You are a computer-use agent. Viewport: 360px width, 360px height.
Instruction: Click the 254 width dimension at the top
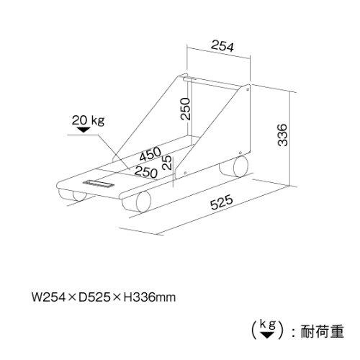pyautogui.click(x=222, y=46)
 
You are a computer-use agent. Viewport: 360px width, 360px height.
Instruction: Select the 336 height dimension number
pyautogui.click(x=282, y=135)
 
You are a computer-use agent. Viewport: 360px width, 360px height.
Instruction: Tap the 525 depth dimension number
pyautogui.click(x=222, y=202)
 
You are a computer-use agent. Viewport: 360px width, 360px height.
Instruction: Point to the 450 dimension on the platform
pyautogui.click(x=150, y=153)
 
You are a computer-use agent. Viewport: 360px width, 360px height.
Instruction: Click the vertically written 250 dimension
pyautogui.click(x=186, y=109)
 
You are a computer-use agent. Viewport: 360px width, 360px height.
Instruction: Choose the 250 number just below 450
pyautogui.click(x=146, y=171)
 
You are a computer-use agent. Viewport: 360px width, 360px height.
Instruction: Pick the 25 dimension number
pyautogui.click(x=167, y=163)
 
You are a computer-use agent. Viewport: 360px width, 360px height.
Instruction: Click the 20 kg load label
pyautogui.click(x=89, y=120)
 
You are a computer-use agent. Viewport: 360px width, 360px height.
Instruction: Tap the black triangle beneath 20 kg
pyautogui.click(x=84, y=130)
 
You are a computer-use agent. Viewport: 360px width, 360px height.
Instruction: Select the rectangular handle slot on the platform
pyautogui.click(x=99, y=184)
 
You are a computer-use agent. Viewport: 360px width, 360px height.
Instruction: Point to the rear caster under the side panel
pyautogui.click(x=234, y=166)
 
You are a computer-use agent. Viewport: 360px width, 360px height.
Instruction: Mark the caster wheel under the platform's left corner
pyautogui.click(x=73, y=195)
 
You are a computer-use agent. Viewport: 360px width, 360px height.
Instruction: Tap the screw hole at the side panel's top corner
pyautogui.click(x=248, y=89)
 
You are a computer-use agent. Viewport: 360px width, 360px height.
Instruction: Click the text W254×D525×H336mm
pyautogui.click(x=104, y=297)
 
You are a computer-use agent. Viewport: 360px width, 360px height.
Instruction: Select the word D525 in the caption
pyautogui.click(x=93, y=297)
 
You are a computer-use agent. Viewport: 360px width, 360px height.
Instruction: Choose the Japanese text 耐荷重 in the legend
pyautogui.click(x=322, y=331)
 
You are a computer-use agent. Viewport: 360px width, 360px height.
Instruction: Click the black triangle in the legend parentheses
pyautogui.click(x=267, y=335)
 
